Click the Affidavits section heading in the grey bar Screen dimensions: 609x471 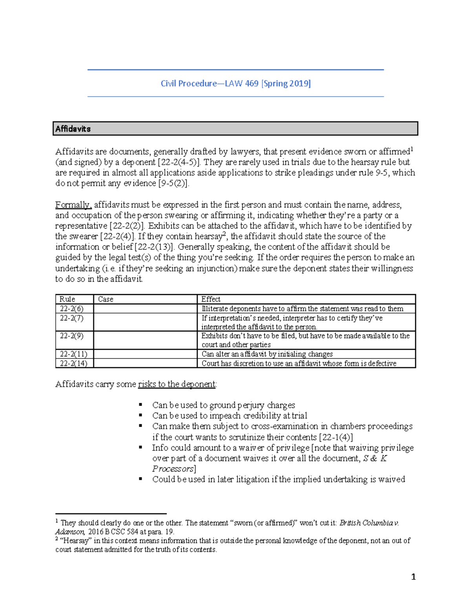point(73,129)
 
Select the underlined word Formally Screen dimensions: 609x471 point(73,205)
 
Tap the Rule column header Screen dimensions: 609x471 point(67,299)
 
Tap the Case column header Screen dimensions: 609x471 point(106,299)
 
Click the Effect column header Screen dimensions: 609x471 point(211,299)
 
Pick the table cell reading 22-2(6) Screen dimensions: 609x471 point(71,309)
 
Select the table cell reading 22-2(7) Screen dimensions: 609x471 point(71,318)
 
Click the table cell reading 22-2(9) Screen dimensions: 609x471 point(71,336)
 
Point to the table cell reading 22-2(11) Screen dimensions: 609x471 point(73,354)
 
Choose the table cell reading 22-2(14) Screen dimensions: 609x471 point(73,364)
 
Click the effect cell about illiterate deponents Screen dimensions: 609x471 point(302,309)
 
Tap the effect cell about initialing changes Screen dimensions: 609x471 point(267,354)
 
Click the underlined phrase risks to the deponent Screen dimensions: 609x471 point(177,384)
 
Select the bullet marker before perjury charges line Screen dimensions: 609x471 point(141,405)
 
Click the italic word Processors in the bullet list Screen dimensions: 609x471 point(173,469)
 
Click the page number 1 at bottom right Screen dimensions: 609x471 point(413,577)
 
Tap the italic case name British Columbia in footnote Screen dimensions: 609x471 point(366,523)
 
